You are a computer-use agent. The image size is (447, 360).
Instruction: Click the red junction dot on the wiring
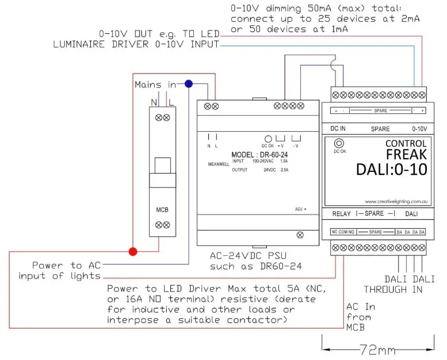133,251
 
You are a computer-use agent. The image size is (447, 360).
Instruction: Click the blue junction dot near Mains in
188,84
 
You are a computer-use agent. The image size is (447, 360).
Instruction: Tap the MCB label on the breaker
162,209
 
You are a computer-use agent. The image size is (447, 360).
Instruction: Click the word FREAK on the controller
406,155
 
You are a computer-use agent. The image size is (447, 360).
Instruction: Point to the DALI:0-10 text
391,170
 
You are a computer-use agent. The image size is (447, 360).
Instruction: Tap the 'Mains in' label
155,85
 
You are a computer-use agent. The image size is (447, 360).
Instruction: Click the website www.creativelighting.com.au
396,202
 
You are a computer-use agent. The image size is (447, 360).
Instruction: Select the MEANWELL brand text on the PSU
218,164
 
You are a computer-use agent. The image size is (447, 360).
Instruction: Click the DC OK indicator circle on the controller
339,143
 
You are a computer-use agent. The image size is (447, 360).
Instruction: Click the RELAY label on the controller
342,214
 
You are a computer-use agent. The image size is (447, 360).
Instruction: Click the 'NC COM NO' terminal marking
343,232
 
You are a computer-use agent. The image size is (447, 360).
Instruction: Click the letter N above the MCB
154,102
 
